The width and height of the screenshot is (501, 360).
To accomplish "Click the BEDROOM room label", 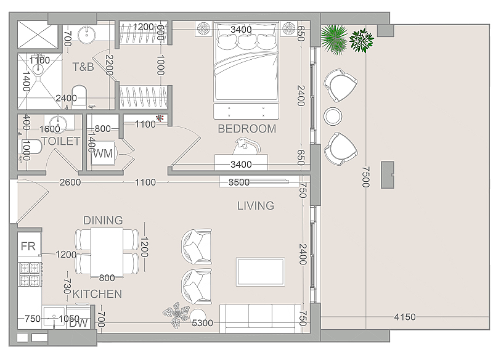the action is pyautogui.click(x=246, y=129).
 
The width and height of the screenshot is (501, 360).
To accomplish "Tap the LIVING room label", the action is pyautogui.click(x=256, y=205).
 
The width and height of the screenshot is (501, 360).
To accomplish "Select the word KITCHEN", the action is pyautogui.click(x=97, y=294).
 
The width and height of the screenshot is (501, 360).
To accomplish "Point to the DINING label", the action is pyautogui.click(x=103, y=220).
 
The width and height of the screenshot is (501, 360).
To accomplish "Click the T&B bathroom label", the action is pyautogui.click(x=83, y=67).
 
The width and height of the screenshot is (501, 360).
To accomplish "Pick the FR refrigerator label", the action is pyautogui.click(x=28, y=246).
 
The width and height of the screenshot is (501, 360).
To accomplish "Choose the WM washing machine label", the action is pyautogui.click(x=103, y=153).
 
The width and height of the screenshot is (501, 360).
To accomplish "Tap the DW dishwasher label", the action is pyautogui.click(x=78, y=323).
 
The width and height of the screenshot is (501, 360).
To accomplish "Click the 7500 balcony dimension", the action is pyautogui.click(x=365, y=177).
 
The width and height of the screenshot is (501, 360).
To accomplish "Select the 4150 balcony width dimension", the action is pyautogui.click(x=405, y=317).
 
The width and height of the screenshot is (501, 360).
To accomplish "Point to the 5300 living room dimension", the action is pyautogui.click(x=202, y=323).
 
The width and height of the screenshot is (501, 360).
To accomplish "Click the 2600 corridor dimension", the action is pyautogui.click(x=70, y=182).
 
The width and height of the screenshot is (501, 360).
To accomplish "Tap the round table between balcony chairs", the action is pyautogui.click(x=333, y=116).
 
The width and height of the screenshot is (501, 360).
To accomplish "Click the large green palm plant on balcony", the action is pyautogui.click(x=334, y=39).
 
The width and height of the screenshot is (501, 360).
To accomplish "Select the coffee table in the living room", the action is pyautogui.click(x=261, y=272).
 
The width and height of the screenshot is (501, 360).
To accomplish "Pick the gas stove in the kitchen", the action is pyautogui.click(x=30, y=274).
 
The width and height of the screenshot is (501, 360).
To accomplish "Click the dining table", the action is pyautogui.click(x=107, y=252).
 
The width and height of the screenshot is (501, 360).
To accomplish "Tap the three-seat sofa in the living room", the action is pyautogui.click(x=260, y=319).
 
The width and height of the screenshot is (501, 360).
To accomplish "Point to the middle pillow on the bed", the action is pyautogui.click(x=246, y=41).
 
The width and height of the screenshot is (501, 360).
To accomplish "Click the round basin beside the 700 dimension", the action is pyautogui.click(x=86, y=35).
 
